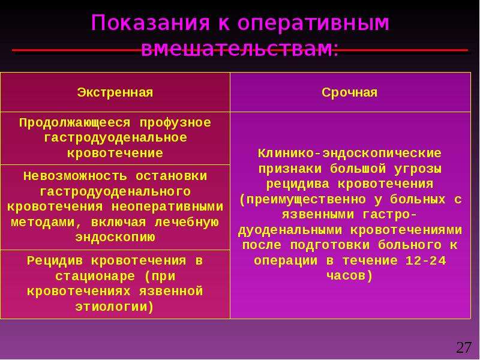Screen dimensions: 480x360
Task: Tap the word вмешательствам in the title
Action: pos(236,49)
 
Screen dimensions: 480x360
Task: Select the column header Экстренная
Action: pos(115,92)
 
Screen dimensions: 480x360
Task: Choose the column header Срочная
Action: pos(349,92)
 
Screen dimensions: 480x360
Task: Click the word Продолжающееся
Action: pos(74,123)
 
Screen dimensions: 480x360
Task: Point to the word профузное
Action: pos(175,123)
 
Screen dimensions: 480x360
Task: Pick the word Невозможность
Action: pos(75,176)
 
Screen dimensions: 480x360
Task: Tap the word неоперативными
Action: pos(167,206)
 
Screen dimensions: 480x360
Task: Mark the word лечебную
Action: pos(187,222)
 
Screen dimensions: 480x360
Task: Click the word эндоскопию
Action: pos(115,238)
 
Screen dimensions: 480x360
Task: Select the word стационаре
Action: pos(95,277)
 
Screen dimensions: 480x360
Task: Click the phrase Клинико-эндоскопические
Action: pos(349,154)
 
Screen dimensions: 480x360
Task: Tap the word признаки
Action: pos(290,169)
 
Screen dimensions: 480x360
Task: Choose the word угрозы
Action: pos(418,169)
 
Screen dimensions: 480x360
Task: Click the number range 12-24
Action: pos(426,260)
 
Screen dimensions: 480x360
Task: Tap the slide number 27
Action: pos(464,347)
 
